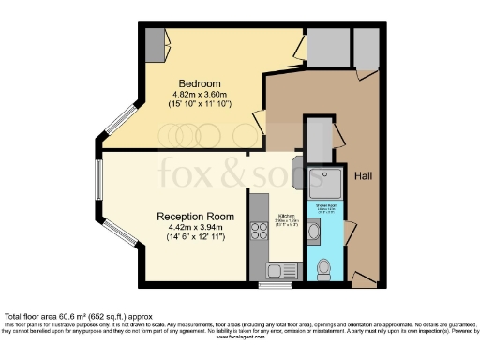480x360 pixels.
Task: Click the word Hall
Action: pyautogui.click(x=364, y=176)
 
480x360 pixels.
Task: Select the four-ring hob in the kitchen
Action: pyautogui.click(x=258, y=228)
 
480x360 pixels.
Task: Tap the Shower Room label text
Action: pyautogui.click(x=326, y=207)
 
